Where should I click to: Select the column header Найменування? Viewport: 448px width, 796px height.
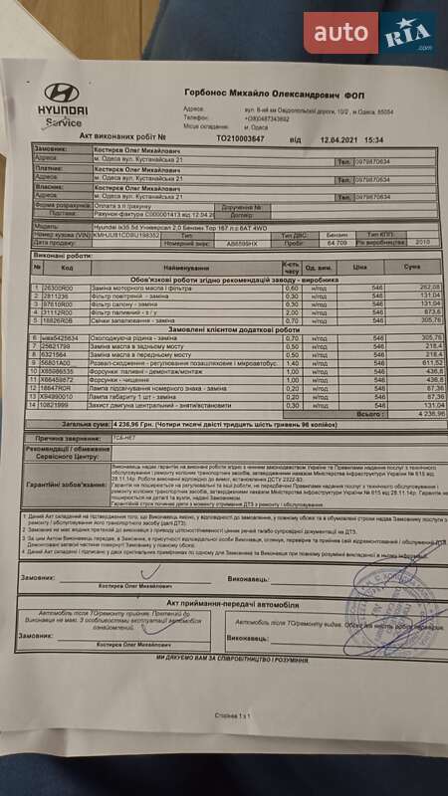[x=180, y=268]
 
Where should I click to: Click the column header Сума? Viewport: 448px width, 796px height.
[x=411, y=268]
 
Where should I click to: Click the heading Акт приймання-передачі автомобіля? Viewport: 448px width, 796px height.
[x=233, y=603]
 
